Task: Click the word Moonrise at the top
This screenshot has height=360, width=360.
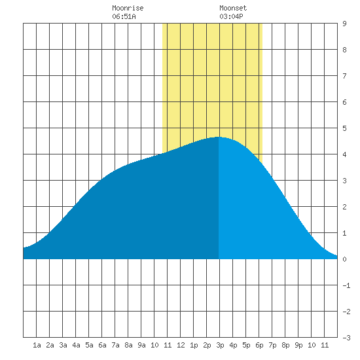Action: point(128,8)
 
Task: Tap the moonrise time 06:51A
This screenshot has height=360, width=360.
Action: point(124,16)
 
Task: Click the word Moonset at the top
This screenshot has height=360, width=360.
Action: point(233,8)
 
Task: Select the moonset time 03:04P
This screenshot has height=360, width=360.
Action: point(231,16)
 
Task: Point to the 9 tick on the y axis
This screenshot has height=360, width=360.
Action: point(344,24)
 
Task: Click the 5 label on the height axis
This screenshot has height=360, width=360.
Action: point(344,128)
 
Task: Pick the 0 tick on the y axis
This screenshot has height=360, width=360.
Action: point(344,259)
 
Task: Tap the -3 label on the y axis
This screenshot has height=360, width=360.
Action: point(346,338)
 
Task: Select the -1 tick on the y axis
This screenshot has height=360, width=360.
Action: point(346,285)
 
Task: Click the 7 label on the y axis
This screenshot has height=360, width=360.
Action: point(344,76)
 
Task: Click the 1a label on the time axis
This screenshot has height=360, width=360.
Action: point(37,345)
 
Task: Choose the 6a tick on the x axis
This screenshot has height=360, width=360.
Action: point(102,345)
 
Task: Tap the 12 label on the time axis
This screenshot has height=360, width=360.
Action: point(181,345)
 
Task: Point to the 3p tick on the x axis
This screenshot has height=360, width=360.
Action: point(220,345)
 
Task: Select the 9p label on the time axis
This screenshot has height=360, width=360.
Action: point(298,345)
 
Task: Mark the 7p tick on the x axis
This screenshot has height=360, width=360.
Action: point(272,345)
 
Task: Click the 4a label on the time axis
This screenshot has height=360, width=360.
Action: point(76,345)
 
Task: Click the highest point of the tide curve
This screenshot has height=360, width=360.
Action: point(219,137)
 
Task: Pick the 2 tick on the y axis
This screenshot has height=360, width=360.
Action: point(344,207)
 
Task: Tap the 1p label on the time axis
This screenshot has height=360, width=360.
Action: point(194,345)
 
